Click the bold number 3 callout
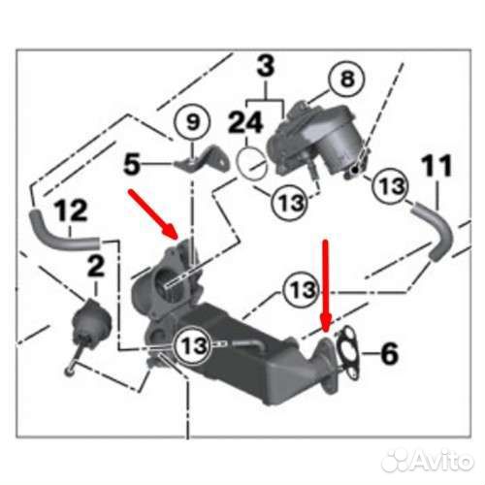coord(266,67)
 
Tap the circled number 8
coord(347,79)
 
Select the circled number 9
coord(192,123)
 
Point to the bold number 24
coord(245,123)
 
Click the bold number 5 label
coord(132,165)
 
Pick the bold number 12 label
coord(71,210)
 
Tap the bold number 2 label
coord(96,266)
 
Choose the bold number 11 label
coord(437,165)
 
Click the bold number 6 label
coord(389,353)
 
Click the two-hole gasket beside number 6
coord(347,354)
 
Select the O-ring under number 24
coord(251,163)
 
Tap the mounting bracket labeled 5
coord(206,160)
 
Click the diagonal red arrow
coord(153,214)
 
